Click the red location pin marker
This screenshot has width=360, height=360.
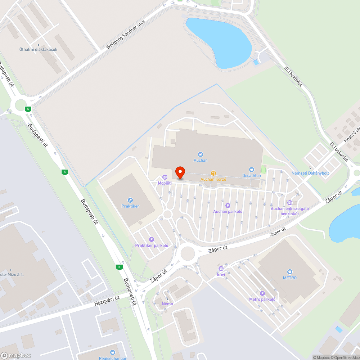tap(180, 172)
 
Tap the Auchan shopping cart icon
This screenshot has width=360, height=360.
tap(201, 154)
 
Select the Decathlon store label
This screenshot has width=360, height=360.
tap(251, 175)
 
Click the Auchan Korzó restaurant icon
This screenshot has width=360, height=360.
tap(213, 173)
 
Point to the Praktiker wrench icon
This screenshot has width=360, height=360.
tap(130, 200)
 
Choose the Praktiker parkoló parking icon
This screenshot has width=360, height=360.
tap(152, 239)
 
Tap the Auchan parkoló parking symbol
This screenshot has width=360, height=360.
tap(228, 206)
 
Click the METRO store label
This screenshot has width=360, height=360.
tap(290, 278)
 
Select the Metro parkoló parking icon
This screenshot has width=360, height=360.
tap(262, 293)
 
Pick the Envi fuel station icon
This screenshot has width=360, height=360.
tap(221, 269)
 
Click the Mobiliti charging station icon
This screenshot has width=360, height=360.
tap(165, 177)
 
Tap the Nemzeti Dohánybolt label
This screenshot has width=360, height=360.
tap(310, 173)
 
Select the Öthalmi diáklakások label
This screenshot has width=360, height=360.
tap(39, 50)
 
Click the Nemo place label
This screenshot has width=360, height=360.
tap(167, 304)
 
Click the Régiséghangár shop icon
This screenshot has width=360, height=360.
tap(113, 352)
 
